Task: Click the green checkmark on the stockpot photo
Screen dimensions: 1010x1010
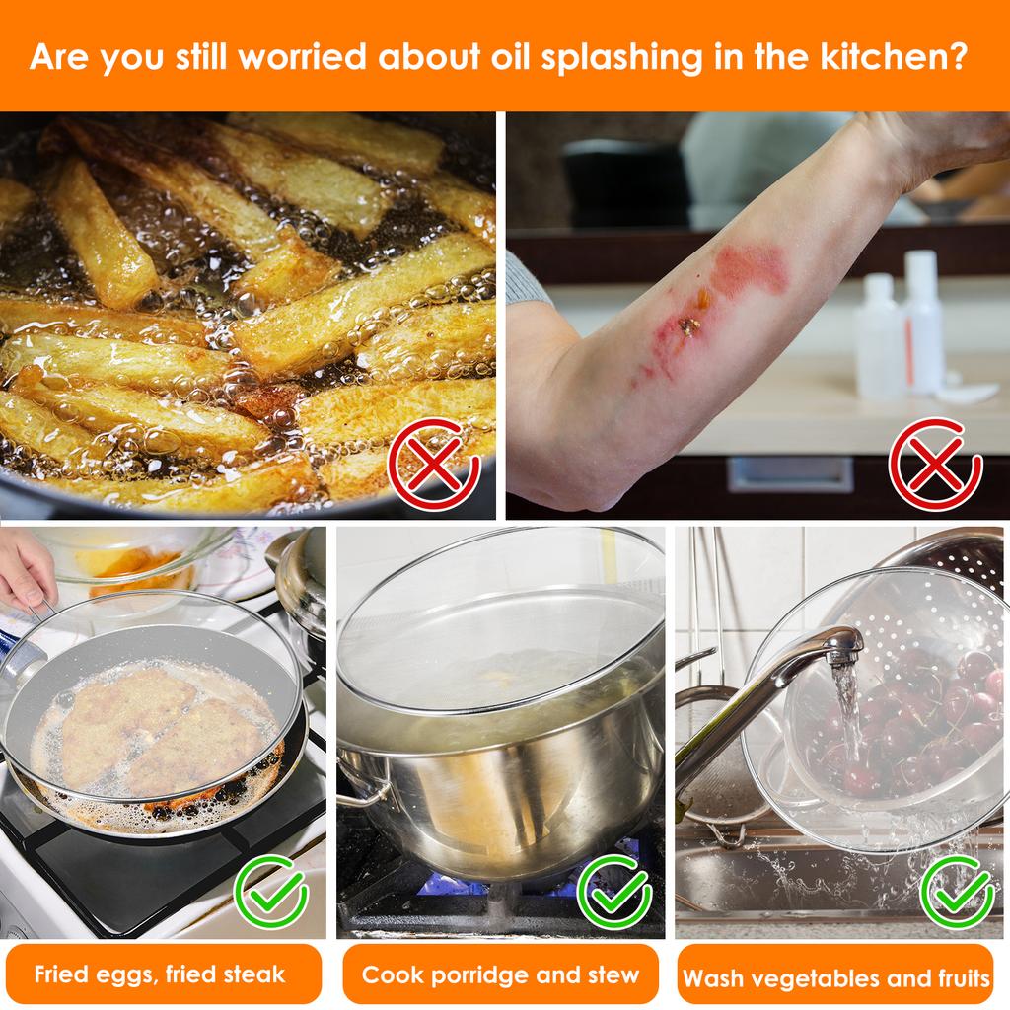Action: (x=613, y=892)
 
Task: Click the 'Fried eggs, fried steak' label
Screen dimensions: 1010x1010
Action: (x=160, y=975)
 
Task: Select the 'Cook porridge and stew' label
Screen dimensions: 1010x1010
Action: (x=500, y=975)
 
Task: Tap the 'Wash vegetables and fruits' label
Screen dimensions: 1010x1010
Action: (x=836, y=977)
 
